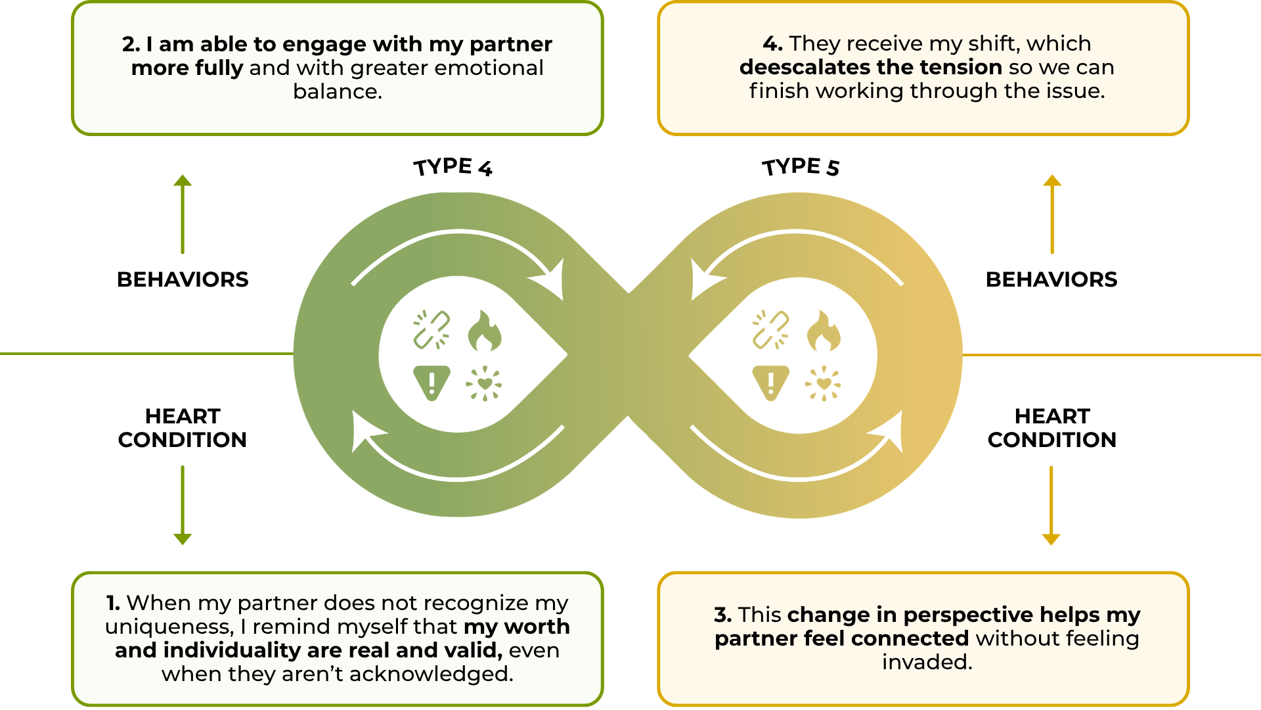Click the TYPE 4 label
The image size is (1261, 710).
point(453,167)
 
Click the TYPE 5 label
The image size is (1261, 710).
point(801,167)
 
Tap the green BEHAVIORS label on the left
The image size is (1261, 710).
point(183,279)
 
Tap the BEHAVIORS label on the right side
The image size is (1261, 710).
point(1051,279)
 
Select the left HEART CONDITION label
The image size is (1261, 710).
point(183,428)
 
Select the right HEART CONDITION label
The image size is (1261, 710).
point(1051,428)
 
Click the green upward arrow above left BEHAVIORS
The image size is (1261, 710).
point(183,214)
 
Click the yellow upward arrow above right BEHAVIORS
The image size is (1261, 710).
point(1052,214)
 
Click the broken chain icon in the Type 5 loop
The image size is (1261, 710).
point(770,329)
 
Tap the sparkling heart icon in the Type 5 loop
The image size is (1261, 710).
point(823,383)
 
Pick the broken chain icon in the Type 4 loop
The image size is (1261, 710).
point(431,329)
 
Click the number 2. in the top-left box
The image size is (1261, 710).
point(131,44)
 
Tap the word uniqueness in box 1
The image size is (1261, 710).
point(167,627)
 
